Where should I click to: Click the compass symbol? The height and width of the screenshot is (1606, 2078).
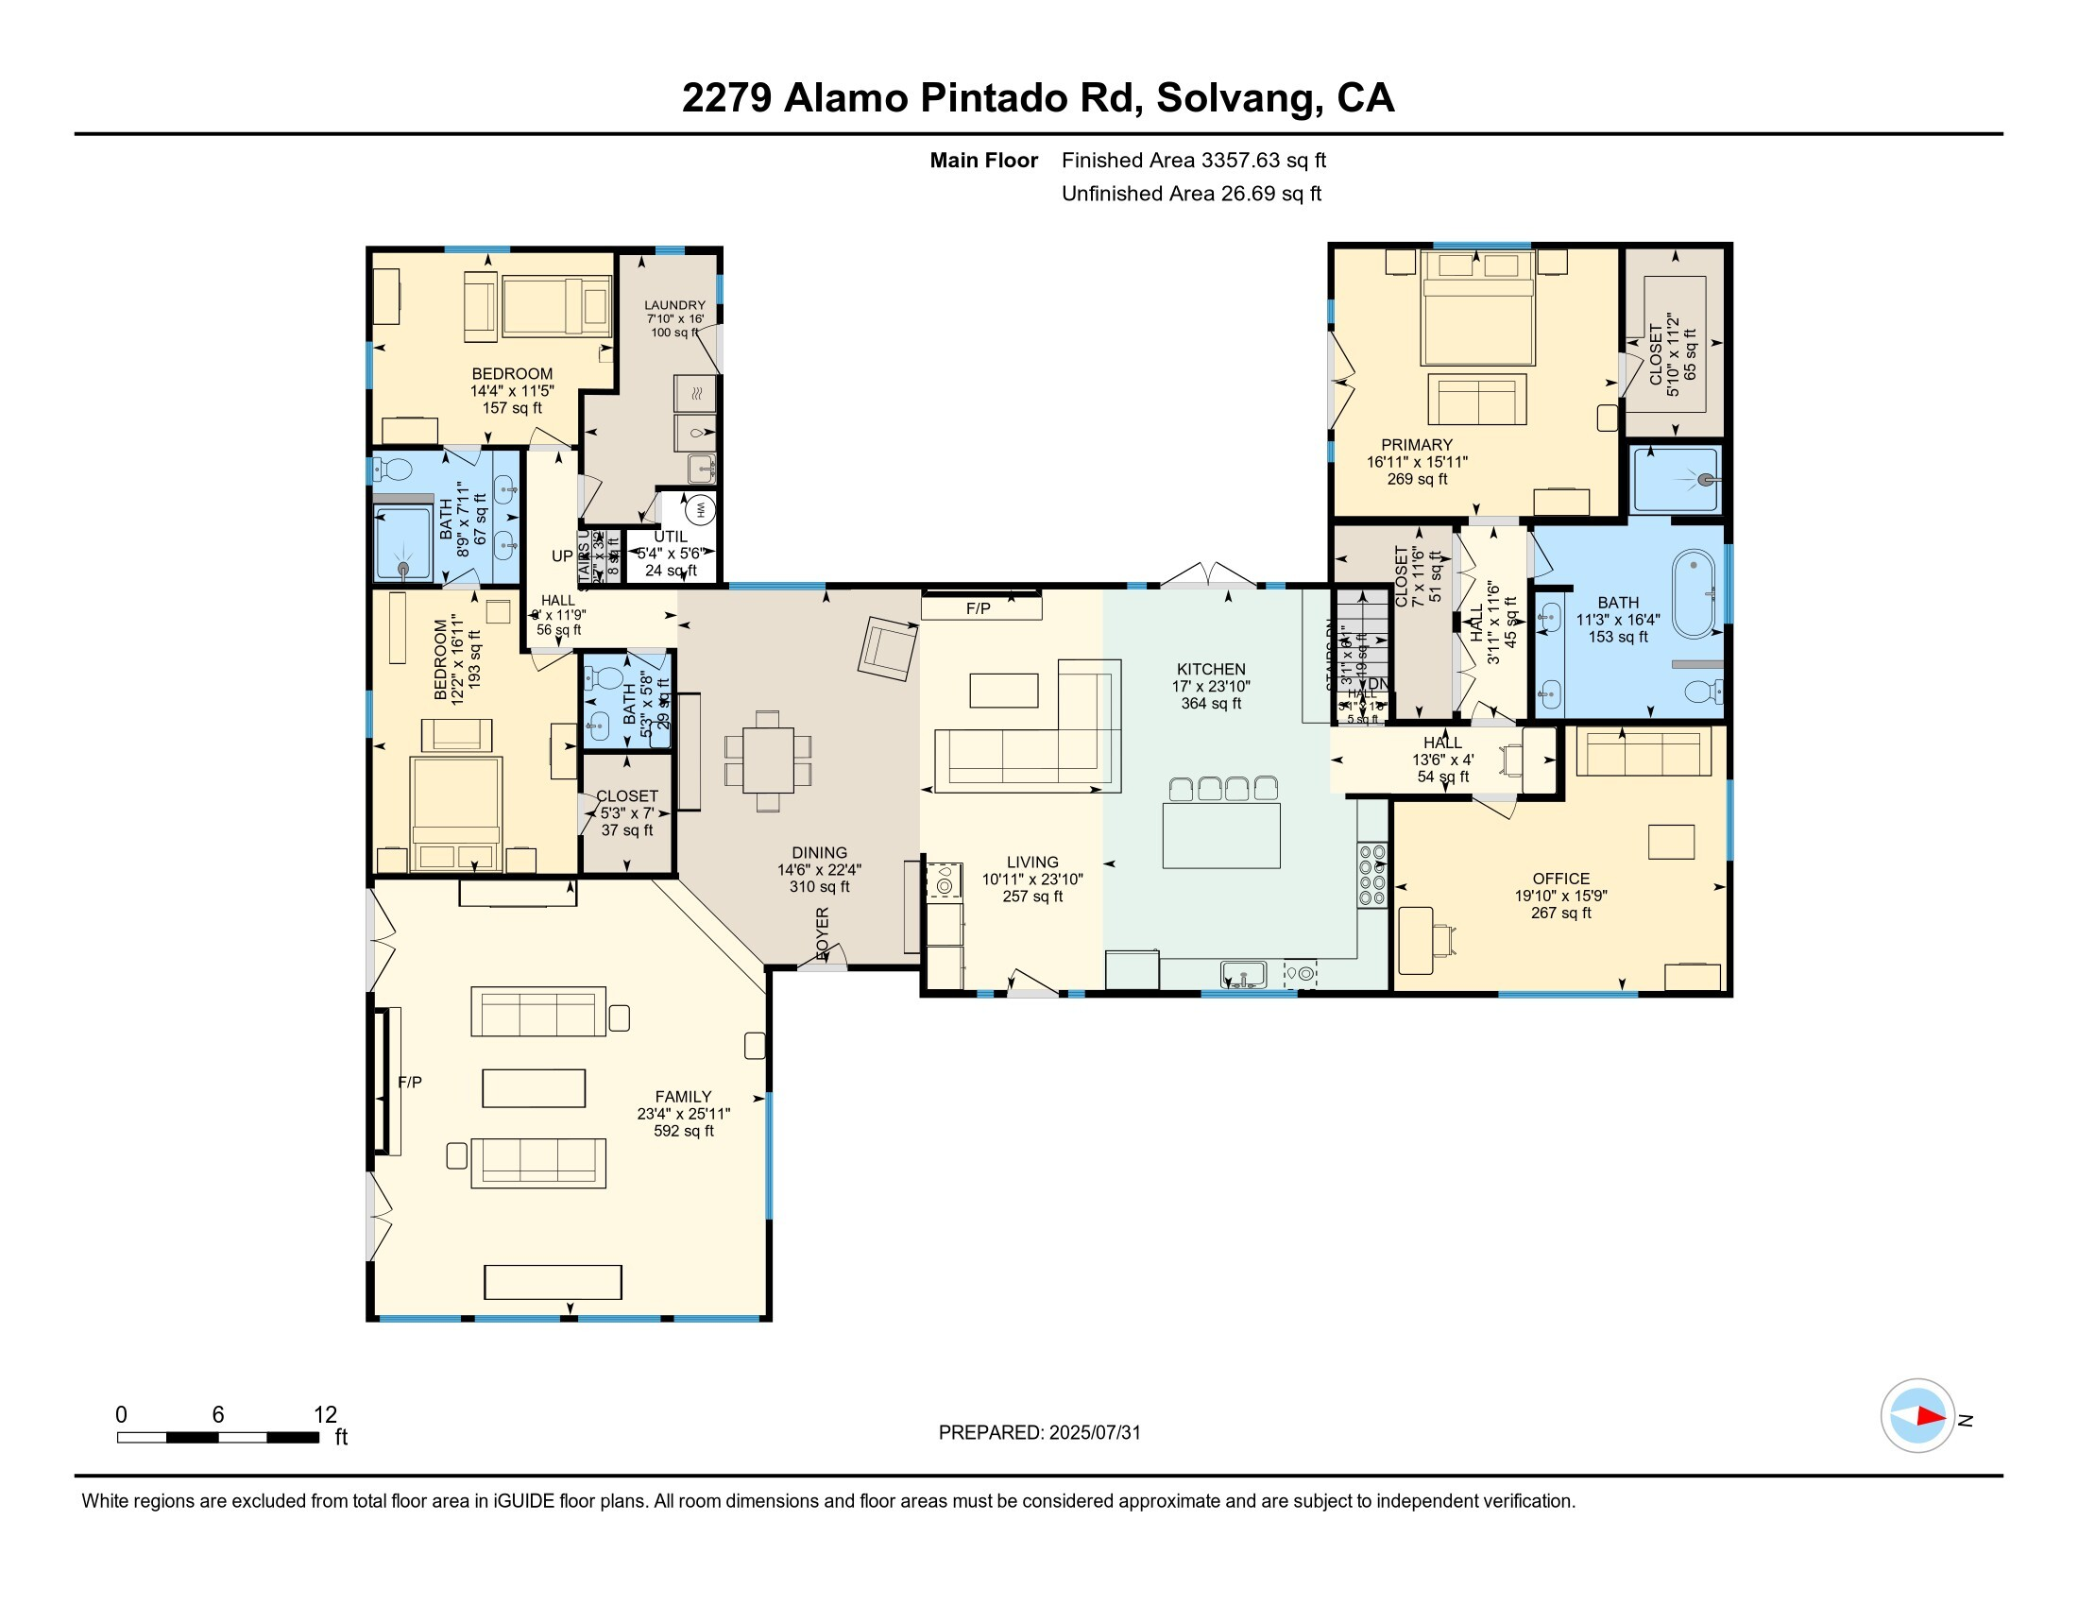(1917, 1415)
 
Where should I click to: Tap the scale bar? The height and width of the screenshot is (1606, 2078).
(218, 1437)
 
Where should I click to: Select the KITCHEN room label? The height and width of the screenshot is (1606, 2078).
(1210, 669)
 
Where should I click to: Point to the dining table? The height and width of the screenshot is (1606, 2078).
(768, 760)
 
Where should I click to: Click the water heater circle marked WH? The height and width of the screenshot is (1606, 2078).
(700, 509)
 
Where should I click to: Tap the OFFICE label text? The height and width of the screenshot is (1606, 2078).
(1560, 879)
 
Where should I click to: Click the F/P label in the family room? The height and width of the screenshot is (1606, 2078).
(410, 1082)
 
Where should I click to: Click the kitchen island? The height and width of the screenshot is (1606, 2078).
(1220, 834)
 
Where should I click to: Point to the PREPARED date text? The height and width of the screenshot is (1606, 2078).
(1039, 1432)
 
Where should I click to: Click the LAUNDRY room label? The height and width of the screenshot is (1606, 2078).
(674, 305)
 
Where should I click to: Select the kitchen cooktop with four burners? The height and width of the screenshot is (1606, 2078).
(1371, 876)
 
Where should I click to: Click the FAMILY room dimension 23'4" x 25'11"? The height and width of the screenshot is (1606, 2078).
(683, 1113)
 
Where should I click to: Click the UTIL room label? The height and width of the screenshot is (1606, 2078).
(670, 537)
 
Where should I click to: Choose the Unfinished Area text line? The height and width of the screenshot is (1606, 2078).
(1191, 193)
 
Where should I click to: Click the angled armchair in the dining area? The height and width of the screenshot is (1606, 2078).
(888, 648)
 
